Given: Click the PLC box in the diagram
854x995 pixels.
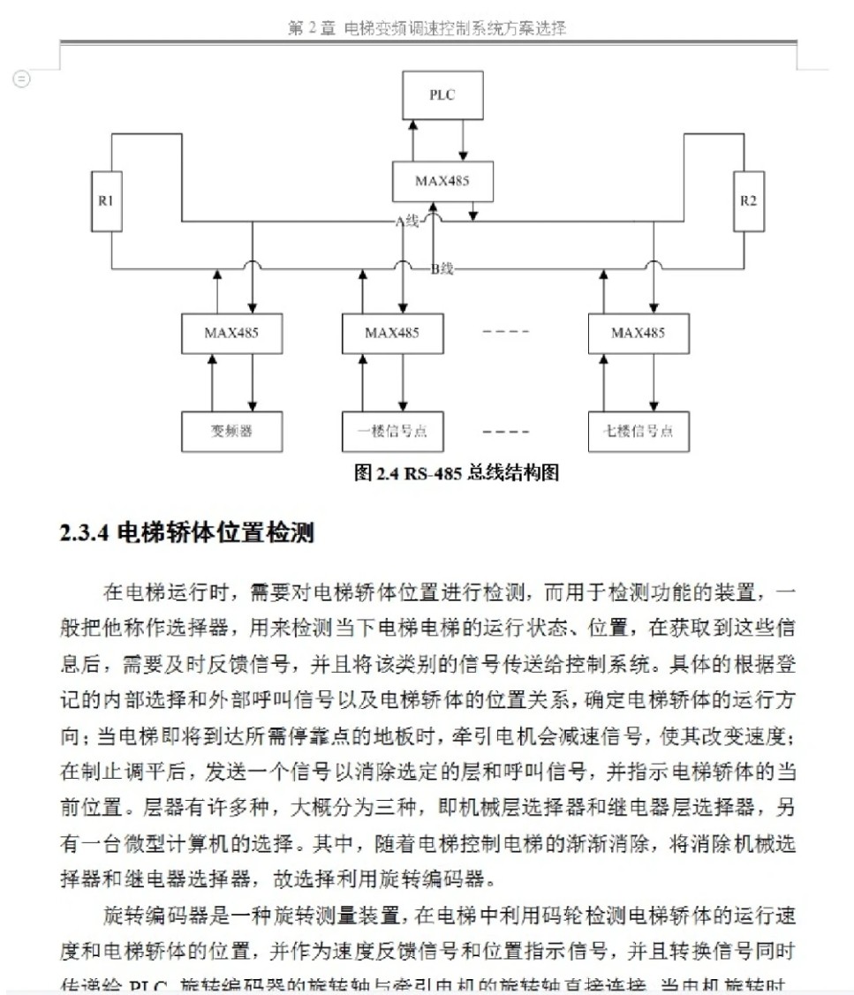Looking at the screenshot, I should coord(442,95).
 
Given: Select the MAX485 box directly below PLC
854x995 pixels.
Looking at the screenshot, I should coord(442,182).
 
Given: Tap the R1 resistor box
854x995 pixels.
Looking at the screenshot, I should coord(106,200).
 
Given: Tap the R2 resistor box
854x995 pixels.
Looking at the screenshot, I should coord(748,200).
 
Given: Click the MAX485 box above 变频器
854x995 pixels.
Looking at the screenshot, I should coord(231,333).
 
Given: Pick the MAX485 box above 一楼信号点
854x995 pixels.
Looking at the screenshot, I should coord(392,333).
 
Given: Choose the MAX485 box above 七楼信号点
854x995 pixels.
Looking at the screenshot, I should coord(638,333).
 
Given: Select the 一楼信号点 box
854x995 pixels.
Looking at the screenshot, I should coord(392,432).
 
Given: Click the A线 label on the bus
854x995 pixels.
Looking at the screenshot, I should coord(406,222).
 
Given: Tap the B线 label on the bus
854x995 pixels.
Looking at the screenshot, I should coord(442,268).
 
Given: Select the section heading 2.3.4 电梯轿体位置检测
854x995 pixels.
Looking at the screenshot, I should coord(187,533).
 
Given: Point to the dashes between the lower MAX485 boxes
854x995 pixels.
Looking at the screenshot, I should coord(506,333).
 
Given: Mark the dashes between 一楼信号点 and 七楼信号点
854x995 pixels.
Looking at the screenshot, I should coord(506,433).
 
